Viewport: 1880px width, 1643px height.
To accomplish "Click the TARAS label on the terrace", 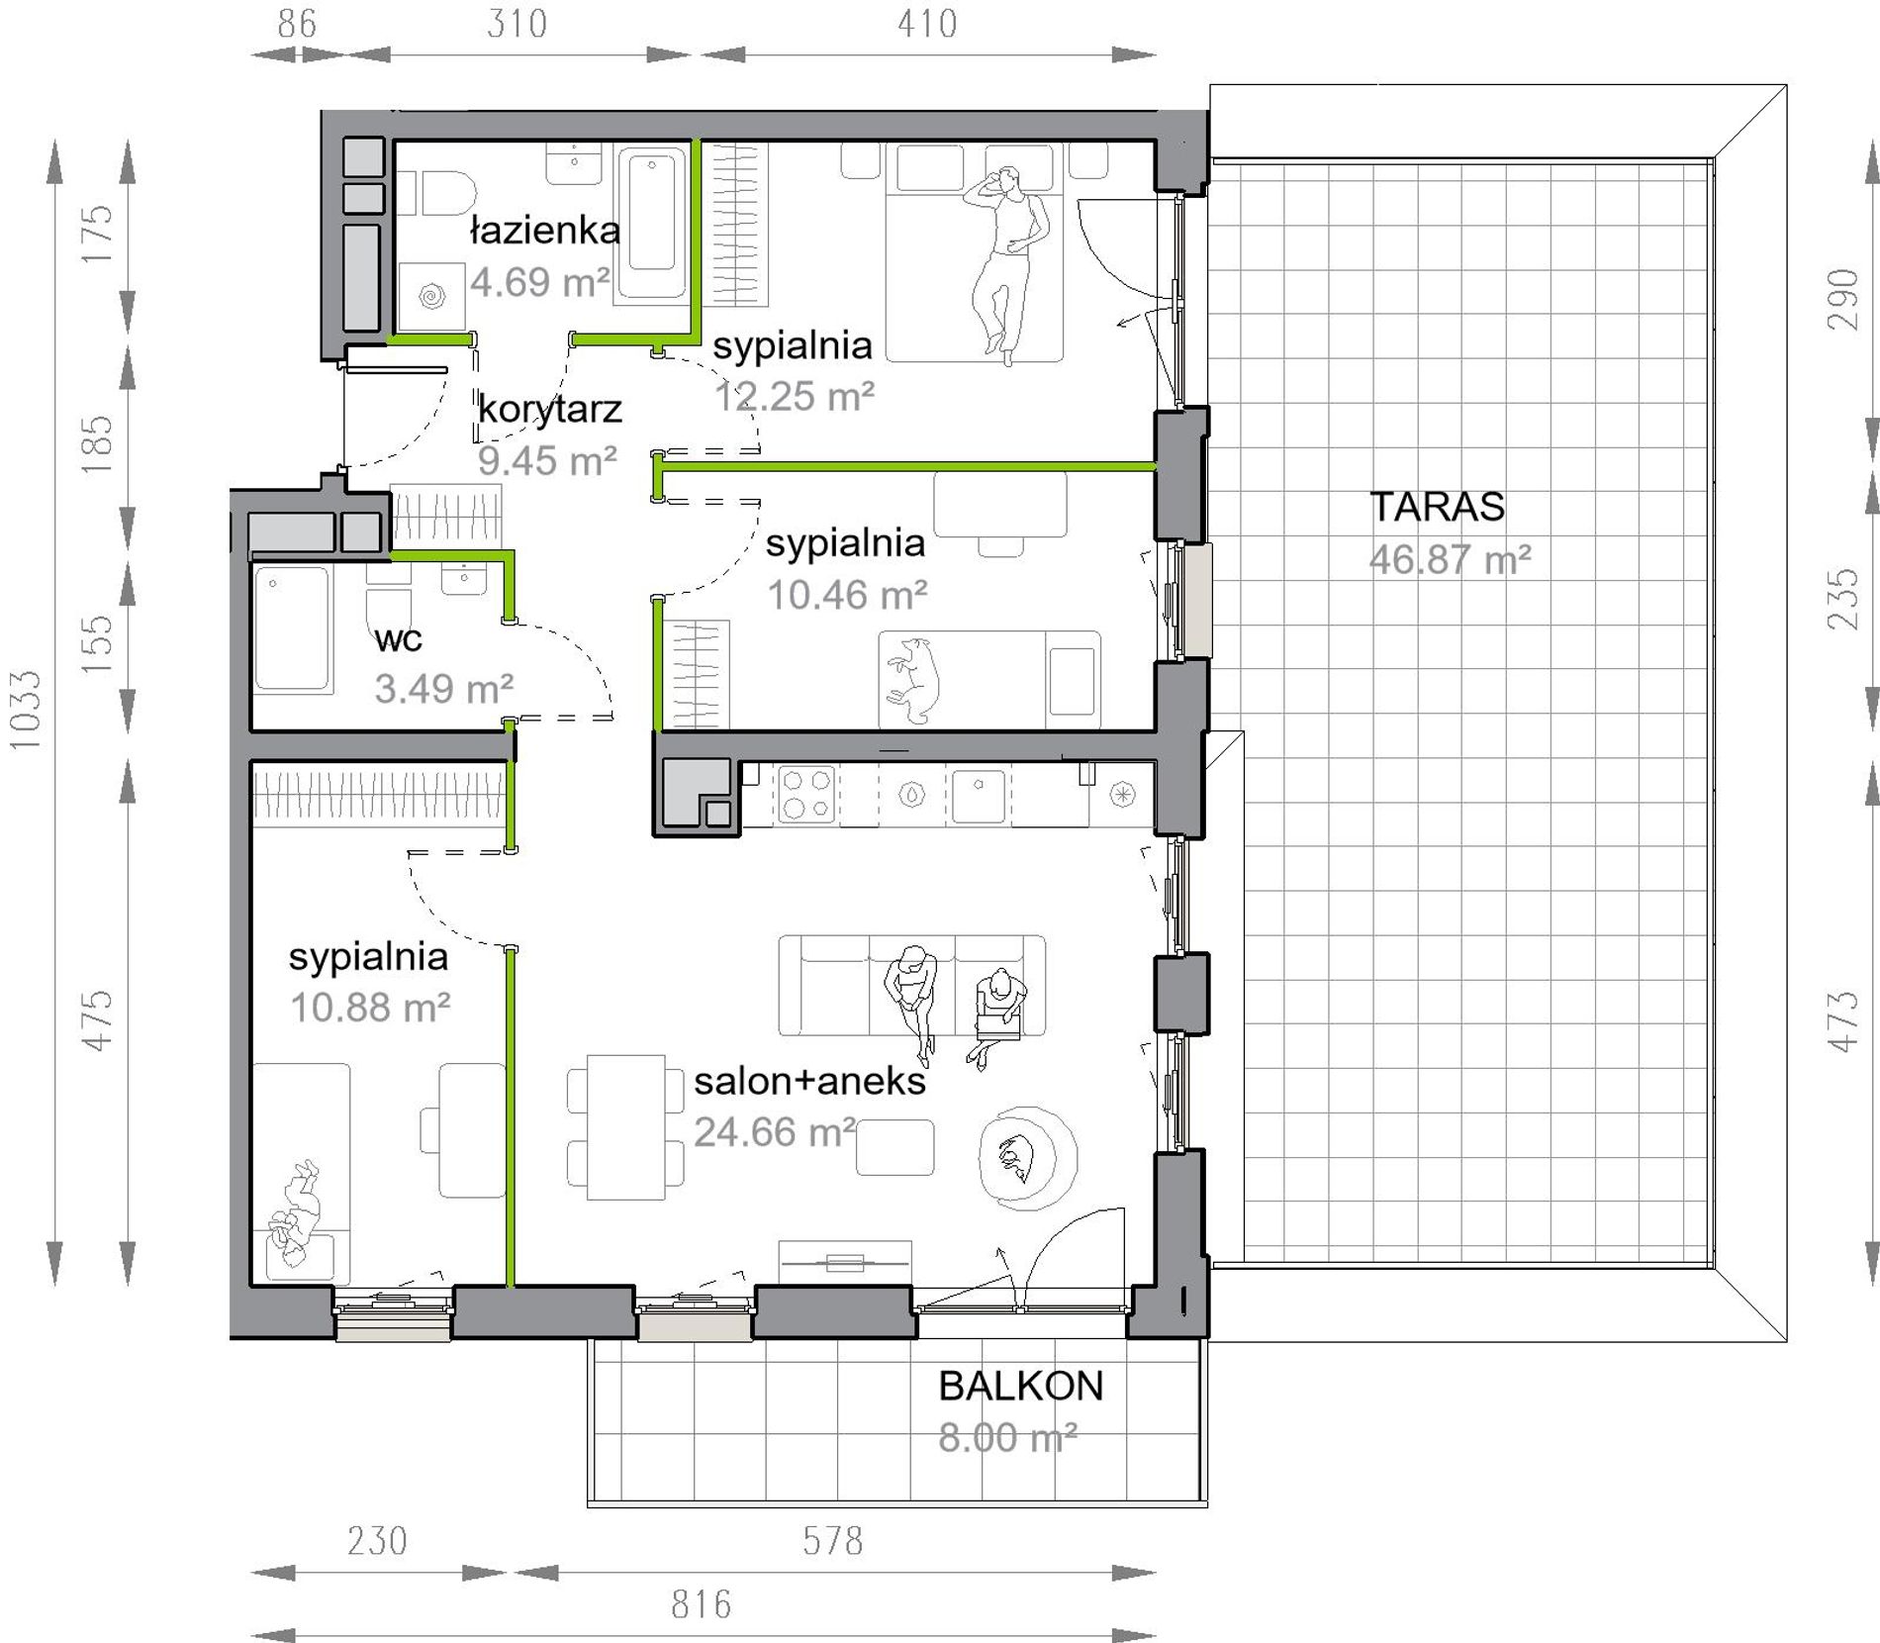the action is pos(1437,507).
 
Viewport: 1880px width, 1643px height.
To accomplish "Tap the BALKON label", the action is pos(1020,1386).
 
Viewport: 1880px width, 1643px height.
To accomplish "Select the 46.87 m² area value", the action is pos(1451,560).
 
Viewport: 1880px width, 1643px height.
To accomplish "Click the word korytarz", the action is pos(550,409).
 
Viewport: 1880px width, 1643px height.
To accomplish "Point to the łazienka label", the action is pos(544,231).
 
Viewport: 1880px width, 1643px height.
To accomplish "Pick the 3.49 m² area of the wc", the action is pos(443,688).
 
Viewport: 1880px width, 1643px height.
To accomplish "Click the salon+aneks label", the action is pos(809,1081).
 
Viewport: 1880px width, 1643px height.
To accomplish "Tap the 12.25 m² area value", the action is pos(795,396).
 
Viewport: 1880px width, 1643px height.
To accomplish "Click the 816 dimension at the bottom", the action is pos(701,1603).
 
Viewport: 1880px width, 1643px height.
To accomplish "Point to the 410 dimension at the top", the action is pos(927,24).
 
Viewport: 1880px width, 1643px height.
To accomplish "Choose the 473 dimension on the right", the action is pos(1843,1020).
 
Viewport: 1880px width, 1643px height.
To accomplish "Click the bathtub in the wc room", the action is pos(292,628).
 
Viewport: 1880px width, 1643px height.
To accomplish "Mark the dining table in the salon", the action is pos(625,1127).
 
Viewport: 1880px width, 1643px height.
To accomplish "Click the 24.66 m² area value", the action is pos(775,1131).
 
